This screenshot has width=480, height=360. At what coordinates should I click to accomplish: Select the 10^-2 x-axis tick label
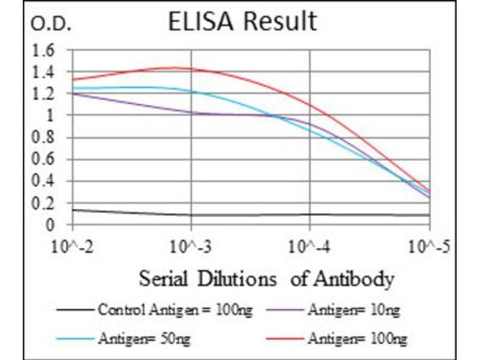[x=73, y=246]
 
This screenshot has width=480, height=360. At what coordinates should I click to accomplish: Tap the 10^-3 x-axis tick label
[x=191, y=246]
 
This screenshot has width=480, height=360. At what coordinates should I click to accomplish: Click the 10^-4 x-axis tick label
[x=310, y=246]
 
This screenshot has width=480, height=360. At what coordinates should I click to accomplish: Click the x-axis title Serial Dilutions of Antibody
[x=266, y=279]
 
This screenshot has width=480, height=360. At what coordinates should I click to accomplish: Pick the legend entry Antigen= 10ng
[x=353, y=310]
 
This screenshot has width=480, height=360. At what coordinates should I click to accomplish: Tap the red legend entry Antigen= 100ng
[x=357, y=339]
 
